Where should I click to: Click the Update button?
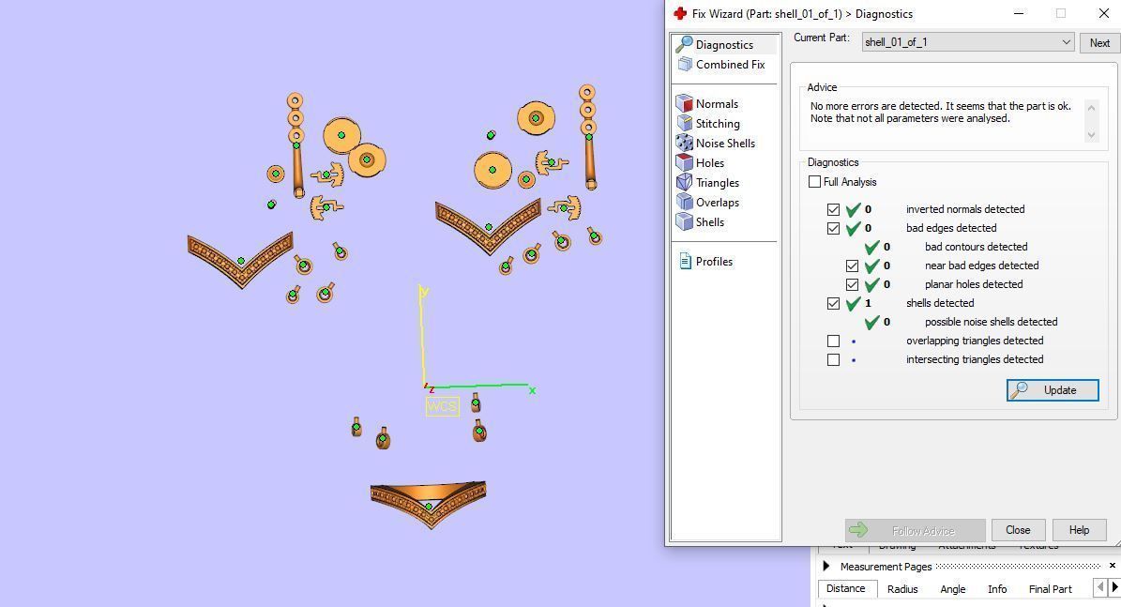tap(1052, 390)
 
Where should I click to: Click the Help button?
tap(1078, 530)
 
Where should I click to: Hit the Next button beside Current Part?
tap(1098, 42)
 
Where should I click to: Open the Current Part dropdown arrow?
tap(1066, 42)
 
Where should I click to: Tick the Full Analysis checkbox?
tap(814, 182)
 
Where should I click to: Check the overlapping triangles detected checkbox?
tap(833, 341)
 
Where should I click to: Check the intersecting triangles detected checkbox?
tap(833, 359)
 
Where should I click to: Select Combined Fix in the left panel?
tap(729, 65)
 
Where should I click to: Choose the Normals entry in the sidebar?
tap(716, 104)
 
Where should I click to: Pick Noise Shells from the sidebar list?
tap(724, 144)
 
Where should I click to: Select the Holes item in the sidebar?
tap(709, 163)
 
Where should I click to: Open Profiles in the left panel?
tap(713, 262)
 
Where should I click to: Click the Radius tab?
tap(901, 589)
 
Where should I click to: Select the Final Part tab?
tap(1050, 589)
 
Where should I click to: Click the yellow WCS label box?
tap(442, 406)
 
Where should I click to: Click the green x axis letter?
tap(532, 390)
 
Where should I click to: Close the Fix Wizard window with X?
tap(1103, 13)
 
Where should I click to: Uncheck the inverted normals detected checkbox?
tap(833, 209)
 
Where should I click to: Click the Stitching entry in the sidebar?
tap(717, 124)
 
